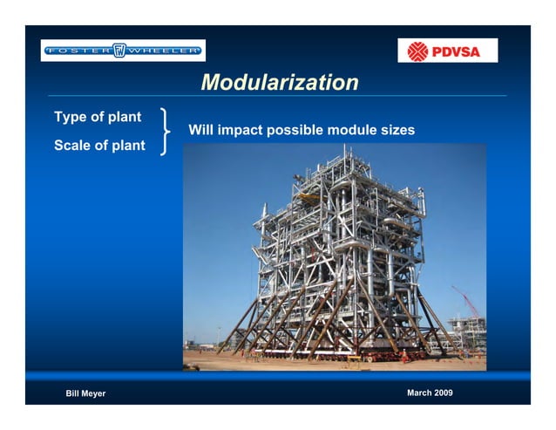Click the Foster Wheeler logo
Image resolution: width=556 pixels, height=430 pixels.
(123, 51)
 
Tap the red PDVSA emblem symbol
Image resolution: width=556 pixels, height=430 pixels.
(418, 51)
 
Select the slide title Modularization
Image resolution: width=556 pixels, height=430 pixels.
(279, 83)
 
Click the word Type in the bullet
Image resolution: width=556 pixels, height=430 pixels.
(71, 117)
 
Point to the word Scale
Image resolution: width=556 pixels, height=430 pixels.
(73, 146)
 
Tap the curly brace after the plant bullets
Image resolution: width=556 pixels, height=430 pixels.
(166, 131)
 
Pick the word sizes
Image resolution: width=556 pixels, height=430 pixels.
(397, 131)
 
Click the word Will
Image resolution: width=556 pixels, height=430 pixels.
(200, 131)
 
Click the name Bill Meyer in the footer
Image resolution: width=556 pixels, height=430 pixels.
(85, 394)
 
